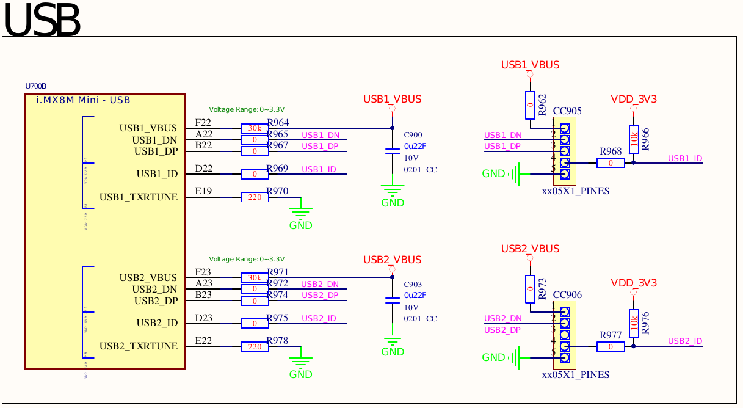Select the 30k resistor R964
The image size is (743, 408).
[254, 128]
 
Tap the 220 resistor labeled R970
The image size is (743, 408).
[254, 197]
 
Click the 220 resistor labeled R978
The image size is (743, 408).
[254, 346]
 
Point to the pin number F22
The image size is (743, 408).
[203, 123]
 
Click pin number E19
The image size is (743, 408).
[203, 192]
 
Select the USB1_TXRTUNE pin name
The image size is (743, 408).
[139, 197]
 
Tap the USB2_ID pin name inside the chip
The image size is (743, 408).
[157, 323]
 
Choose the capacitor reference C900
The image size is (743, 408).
[413, 134]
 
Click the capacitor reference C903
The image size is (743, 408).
[413, 284]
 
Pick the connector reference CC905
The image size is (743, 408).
[567, 111]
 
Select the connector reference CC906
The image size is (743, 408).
[567, 295]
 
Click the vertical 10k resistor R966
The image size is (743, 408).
[634, 139]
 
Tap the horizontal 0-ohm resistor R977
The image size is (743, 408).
[610, 346]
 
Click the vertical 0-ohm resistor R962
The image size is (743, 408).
[530, 105]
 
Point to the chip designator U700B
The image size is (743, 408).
[35, 86]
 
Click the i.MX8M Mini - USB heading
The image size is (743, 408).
[84, 100]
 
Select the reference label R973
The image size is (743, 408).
[542, 289]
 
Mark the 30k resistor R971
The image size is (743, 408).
[254, 278]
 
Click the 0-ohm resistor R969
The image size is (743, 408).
[254, 174]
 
